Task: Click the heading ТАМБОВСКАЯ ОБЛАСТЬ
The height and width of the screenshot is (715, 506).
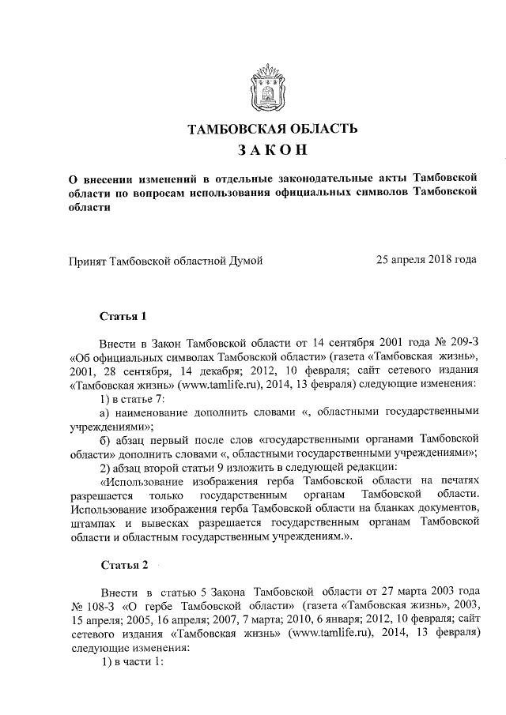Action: pos(272,129)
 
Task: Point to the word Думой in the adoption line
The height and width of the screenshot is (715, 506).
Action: pos(244,259)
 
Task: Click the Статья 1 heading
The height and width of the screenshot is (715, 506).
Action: pos(123,318)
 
